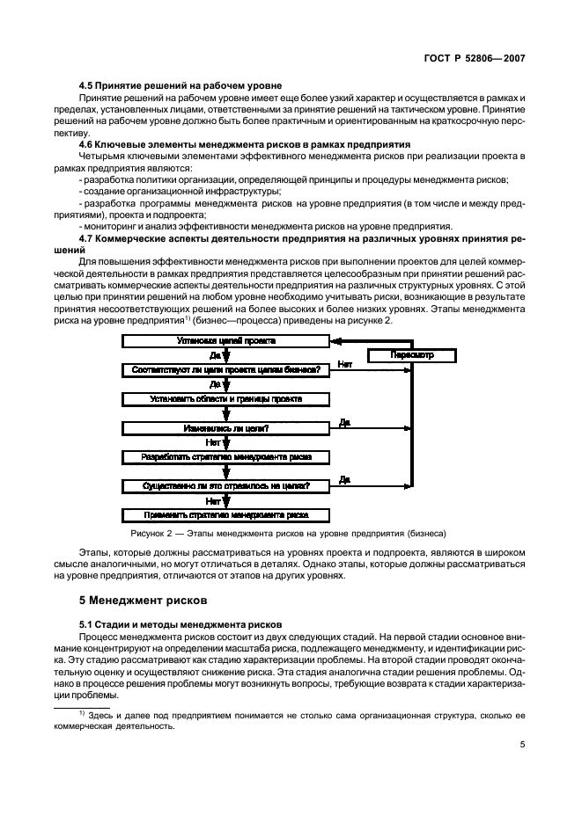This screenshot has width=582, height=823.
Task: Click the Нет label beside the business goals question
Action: tap(344, 363)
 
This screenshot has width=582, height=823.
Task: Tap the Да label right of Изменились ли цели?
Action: tap(344, 422)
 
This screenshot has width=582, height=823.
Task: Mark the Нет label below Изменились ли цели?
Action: tap(212, 442)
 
